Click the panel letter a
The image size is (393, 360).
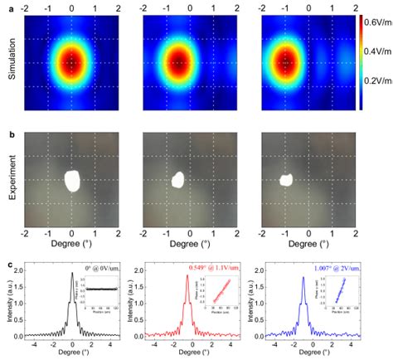6,7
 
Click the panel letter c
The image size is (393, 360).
6,263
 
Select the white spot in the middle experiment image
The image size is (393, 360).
177,179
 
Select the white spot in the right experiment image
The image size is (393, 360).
287,178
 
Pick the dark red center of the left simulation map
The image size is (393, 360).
72,63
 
